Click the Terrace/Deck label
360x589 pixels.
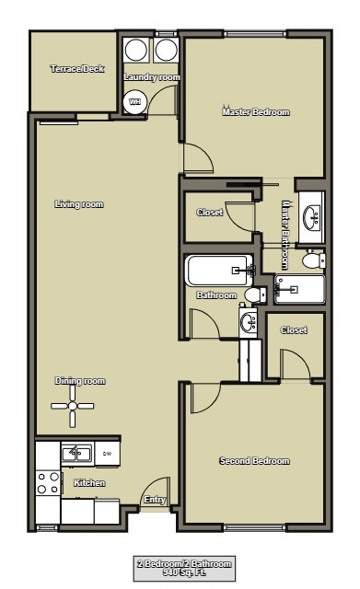click(x=76, y=70)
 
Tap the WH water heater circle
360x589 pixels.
click(x=134, y=102)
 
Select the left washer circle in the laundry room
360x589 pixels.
click(x=136, y=50)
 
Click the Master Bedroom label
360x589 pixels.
click(x=256, y=112)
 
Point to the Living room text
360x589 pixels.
click(x=78, y=203)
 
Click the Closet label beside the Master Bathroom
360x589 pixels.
click(x=210, y=213)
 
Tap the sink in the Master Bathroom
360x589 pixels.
click(x=312, y=217)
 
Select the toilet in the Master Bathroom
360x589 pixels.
click(x=312, y=261)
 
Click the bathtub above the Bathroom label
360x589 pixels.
click(x=218, y=271)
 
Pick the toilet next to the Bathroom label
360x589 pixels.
click(x=254, y=295)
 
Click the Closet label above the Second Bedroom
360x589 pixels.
click(x=294, y=329)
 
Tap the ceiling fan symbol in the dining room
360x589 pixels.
click(x=72, y=406)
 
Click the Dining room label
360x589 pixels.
click(x=80, y=381)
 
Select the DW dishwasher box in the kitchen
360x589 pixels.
click(x=107, y=454)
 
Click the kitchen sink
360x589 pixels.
click(x=75, y=453)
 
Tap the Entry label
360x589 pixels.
click(x=154, y=501)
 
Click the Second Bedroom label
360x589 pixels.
click(x=254, y=461)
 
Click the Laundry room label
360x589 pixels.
click(x=152, y=77)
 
